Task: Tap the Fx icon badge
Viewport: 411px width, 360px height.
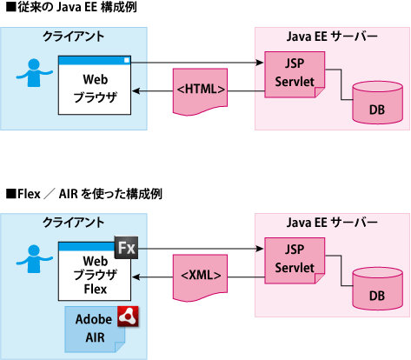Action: [126, 248]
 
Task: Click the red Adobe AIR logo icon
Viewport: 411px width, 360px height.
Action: [128, 317]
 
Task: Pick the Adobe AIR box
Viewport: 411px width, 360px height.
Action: [95, 330]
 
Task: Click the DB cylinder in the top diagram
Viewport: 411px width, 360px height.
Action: [377, 103]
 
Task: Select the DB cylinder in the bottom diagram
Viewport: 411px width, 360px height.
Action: [377, 289]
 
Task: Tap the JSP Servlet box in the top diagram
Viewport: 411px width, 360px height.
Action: [295, 75]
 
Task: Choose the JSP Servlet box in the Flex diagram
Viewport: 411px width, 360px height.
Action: [295, 261]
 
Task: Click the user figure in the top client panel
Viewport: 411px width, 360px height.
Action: [34, 73]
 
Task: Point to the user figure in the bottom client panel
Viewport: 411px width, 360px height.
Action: [34, 259]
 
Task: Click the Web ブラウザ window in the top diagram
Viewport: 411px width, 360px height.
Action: [95, 85]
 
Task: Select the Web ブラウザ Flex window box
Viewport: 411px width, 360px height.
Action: [95, 271]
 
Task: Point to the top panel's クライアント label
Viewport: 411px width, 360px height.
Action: [73, 37]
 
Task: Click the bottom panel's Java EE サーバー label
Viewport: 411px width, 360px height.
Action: [332, 223]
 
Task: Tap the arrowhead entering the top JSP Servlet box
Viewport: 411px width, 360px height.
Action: [260, 63]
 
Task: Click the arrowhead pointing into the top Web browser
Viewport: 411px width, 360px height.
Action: [136, 91]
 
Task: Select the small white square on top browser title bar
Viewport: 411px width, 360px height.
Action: [127, 60]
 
